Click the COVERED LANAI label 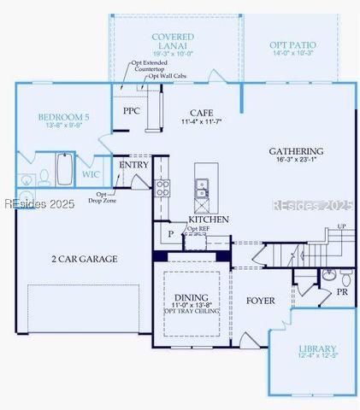click(172, 38)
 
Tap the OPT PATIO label click(292, 44)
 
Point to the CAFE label click(202, 112)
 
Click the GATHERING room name click(296, 151)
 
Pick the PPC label click(131, 111)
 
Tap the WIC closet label click(91, 174)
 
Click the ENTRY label click(133, 165)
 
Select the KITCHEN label click(209, 220)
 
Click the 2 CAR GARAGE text click(85, 258)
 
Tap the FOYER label click(260, 301)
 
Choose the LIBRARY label click(317, 348)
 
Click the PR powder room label click(341, 291)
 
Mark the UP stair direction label click(342, 226)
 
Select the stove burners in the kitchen click(162, 187)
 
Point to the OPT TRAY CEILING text click(192, 311)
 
